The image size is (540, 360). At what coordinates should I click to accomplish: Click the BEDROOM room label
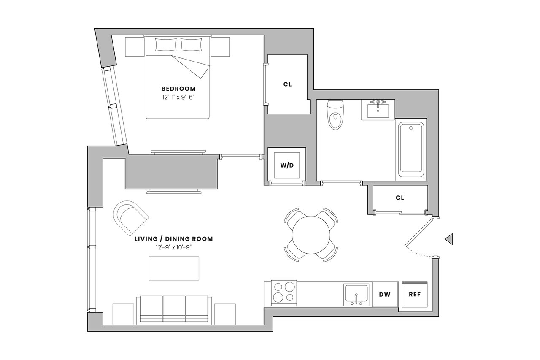[x=178, y=89]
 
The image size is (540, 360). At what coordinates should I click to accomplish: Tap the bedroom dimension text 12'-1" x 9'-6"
[x=178, y=97]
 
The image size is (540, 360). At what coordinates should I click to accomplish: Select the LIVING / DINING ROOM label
[x=173, y=239]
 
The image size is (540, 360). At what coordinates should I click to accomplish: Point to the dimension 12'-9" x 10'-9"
[x=173, y=247]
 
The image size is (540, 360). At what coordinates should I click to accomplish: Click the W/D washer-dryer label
[x=287, y=165]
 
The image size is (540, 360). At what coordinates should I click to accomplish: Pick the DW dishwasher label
[x=384, y=294]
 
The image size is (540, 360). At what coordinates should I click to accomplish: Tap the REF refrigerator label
[x=415, y=294]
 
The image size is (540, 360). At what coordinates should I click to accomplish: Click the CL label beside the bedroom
[x=287, y=84]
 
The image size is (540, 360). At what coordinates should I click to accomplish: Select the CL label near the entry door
[x=400, y=198]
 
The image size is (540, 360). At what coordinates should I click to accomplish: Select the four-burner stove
[x=283, y=292]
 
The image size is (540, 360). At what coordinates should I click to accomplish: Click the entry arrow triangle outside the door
[x=449, y=239]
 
